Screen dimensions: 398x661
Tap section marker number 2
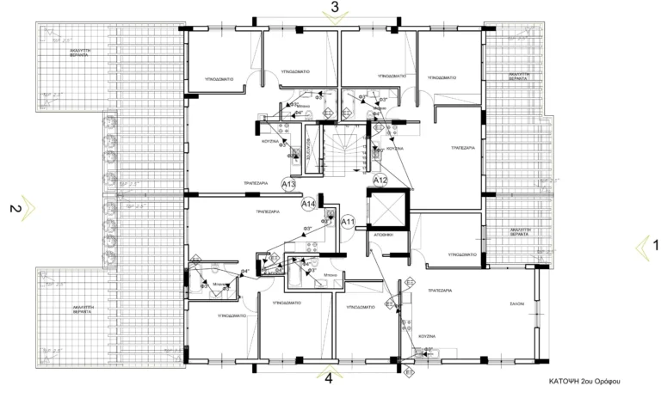(x=13, y=208)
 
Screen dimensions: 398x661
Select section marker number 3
(x=335, y=7)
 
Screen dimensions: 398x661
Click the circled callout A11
(x=349, y=223)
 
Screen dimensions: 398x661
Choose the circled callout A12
(x=381, y=180)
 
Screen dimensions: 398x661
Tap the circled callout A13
(x=289, y=185)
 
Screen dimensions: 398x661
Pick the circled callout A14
(x=309, y=204)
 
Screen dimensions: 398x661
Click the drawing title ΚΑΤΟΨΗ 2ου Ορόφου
(x=584, y=380)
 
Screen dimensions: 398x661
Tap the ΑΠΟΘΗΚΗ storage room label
(x=384, y=234)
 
